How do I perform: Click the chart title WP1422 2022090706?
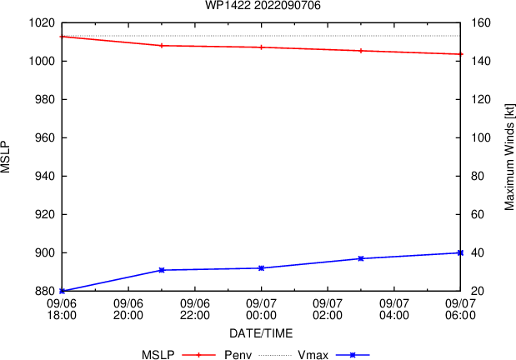pos(263,5)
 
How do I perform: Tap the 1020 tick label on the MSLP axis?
pos(42,23)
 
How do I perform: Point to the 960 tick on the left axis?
pos(45,137)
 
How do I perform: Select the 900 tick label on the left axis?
pos(45,252)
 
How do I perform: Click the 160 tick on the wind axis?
pos(481,23)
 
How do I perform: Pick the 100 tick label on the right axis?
pos(481,137)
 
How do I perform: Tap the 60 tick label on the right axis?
pos(478,214)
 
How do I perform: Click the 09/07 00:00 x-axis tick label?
pos(261,309)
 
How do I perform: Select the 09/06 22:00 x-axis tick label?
pos(195,309)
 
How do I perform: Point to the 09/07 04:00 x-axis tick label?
pos(394,309)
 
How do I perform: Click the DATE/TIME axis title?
pos(261,333)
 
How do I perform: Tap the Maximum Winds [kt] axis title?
pos(508,157)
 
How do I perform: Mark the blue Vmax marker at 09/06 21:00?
pos(162,270)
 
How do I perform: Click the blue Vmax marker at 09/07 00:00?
pos(261,268)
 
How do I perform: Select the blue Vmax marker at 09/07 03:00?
pos(361,258)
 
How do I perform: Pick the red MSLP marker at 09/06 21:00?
pos(162,46)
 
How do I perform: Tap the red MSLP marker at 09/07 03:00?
pos(361,51)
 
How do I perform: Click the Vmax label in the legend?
pos(313,355)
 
